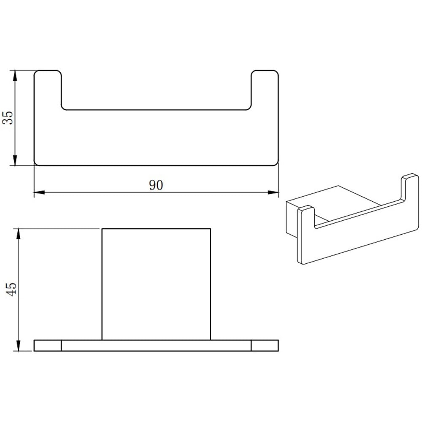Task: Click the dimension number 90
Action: point(156,185)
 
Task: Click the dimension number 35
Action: point(8,118)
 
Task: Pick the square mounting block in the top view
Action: point(156,284)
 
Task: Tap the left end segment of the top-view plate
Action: point(48,345)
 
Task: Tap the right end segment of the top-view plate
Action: point(265,345)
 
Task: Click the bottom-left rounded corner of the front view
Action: point(36,163)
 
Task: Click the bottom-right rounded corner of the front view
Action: point(276,163)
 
